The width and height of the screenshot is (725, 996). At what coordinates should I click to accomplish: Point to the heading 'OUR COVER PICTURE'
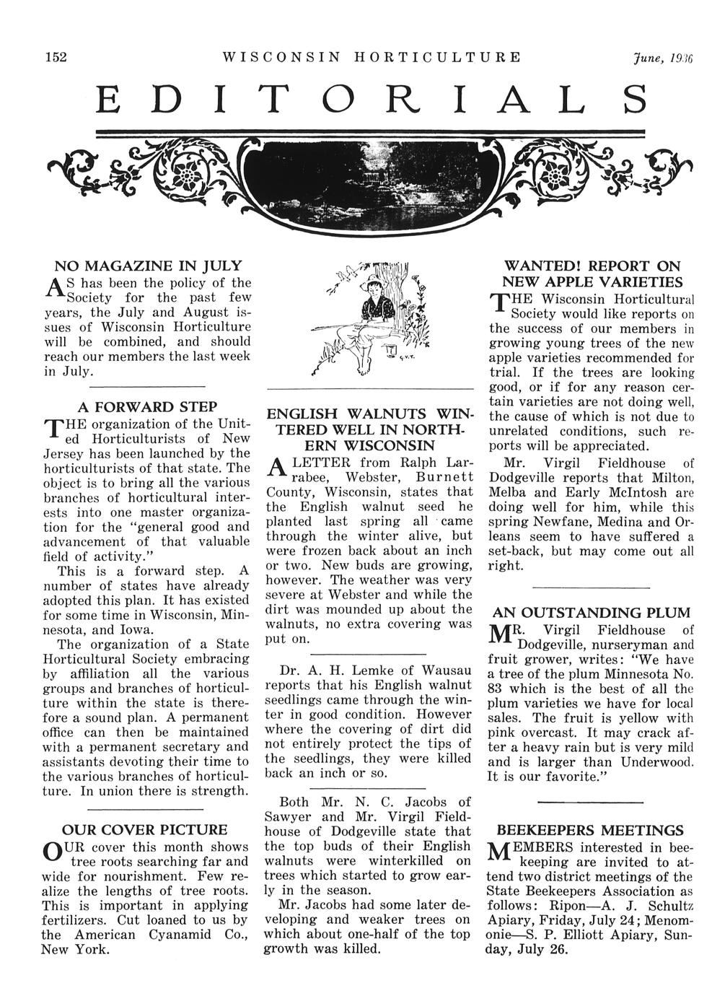coord(145,830)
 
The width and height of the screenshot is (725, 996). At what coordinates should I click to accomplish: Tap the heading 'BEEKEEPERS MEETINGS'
coord(591,830)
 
